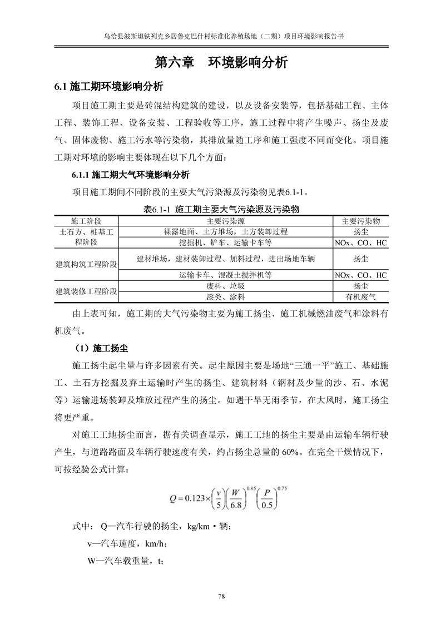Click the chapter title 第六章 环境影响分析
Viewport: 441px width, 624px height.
[x=221, y=62]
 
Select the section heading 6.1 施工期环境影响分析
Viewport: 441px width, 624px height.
[x=108, y=87]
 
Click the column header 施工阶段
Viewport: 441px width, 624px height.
[x=86, y=221]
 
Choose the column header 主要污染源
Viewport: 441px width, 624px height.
[x=225, y=221]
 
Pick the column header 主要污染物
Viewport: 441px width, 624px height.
[x=360, y=221]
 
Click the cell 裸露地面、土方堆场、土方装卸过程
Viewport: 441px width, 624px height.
[x=225, y=231]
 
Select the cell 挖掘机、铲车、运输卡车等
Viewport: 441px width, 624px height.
[x=225, y=242]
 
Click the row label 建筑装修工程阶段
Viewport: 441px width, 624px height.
[x=86, y=291]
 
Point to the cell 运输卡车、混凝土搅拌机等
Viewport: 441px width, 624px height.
[x=225, y=275]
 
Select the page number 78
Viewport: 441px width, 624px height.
[x=221, y=596]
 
